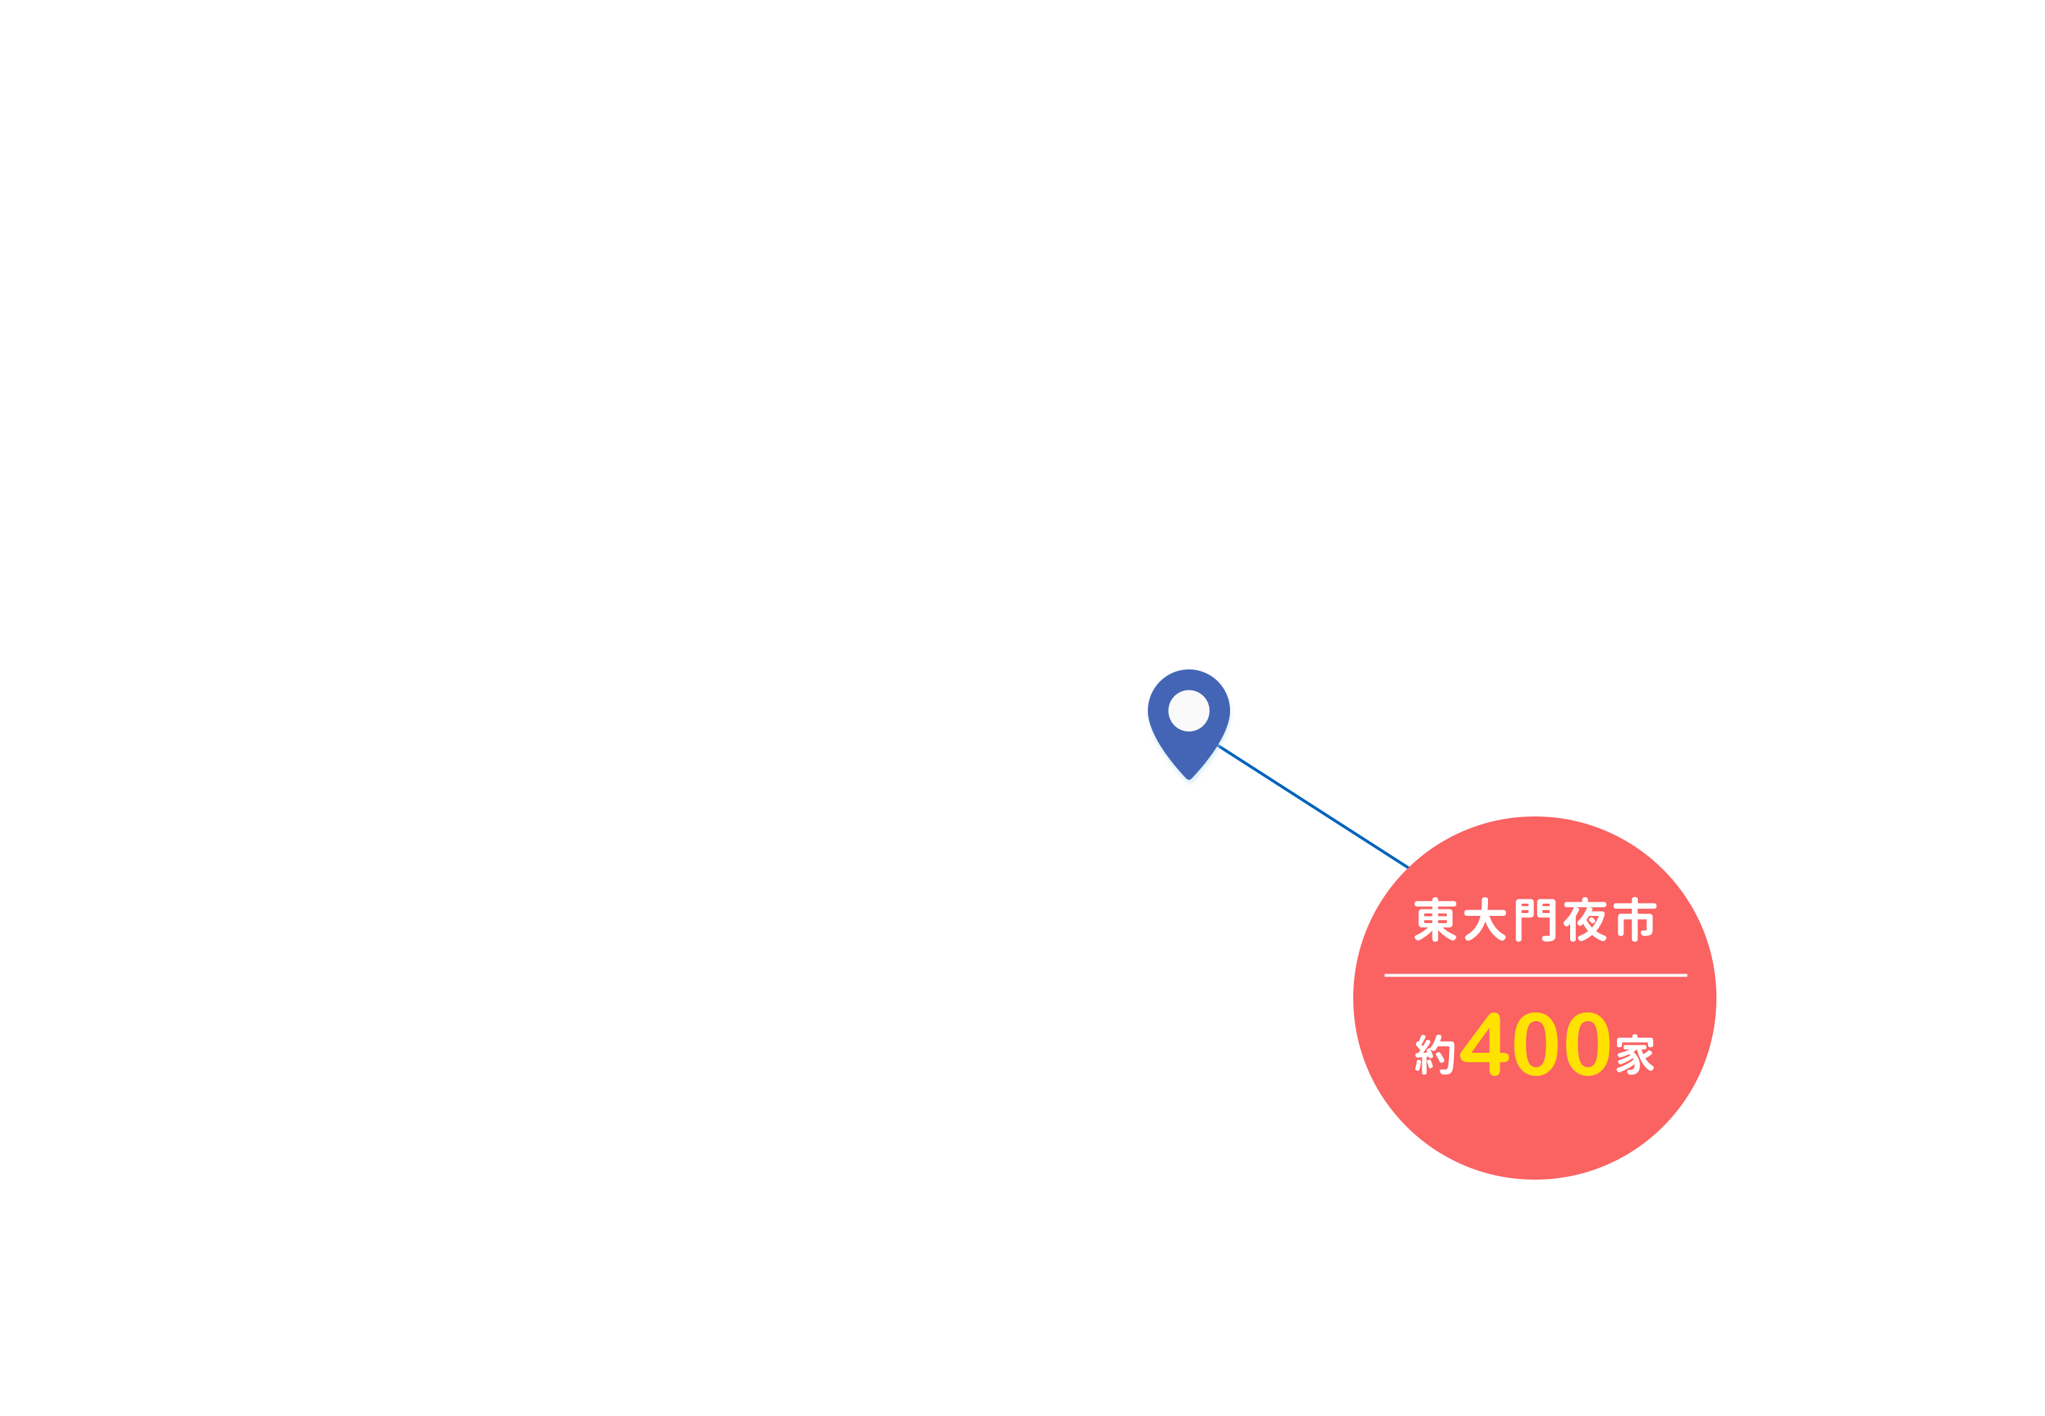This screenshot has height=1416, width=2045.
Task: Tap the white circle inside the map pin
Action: point(1188,711)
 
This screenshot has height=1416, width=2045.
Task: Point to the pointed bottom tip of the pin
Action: point(1189,780)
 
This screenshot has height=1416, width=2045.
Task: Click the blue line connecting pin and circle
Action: point(1313,806)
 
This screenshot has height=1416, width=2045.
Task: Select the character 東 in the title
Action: point(1435,919)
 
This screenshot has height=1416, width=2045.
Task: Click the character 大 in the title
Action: point(1484,919)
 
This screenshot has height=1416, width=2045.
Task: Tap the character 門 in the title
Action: point(1535,920)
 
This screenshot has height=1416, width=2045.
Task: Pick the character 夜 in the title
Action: point(1585,919)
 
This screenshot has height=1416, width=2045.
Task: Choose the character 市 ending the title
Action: point(1634,919)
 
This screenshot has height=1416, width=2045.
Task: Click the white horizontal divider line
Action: point(1535,975)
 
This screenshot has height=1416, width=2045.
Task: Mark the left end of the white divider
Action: point(1385,975)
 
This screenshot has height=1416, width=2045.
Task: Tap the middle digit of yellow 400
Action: point(1536,1043)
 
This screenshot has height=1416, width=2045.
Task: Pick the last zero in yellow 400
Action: point(1587,1043)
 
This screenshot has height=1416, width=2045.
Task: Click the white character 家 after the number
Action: point(1634,1054)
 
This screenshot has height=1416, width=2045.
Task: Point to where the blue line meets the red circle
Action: point(1409,868)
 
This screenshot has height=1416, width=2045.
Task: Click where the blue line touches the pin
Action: point(1218,745)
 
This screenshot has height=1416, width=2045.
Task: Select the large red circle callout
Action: point(1534,998)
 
